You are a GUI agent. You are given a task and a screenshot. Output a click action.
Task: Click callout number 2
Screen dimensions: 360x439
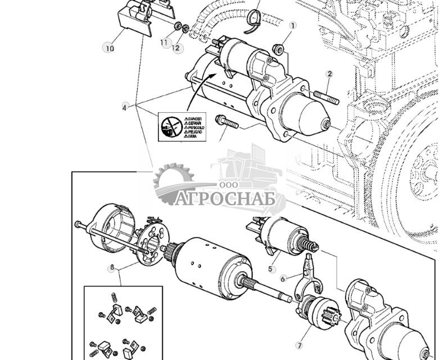click(x=330, y=74)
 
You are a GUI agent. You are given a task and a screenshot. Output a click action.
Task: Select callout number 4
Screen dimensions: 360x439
click(x=125, y=107)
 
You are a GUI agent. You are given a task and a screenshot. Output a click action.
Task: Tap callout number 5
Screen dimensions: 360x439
click(x=271, y=269)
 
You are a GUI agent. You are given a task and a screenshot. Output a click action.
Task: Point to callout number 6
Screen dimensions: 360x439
click(x=283, y=277)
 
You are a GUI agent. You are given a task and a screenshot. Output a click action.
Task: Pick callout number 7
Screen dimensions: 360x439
click(x=298, y=345)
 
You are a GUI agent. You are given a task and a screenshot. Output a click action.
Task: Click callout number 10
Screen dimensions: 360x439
click(x=109, y=48)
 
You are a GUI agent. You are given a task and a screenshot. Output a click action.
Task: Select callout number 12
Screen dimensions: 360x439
click(x=176, y=48)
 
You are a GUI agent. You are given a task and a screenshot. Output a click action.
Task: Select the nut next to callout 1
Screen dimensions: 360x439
click(x=277, y=49)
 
